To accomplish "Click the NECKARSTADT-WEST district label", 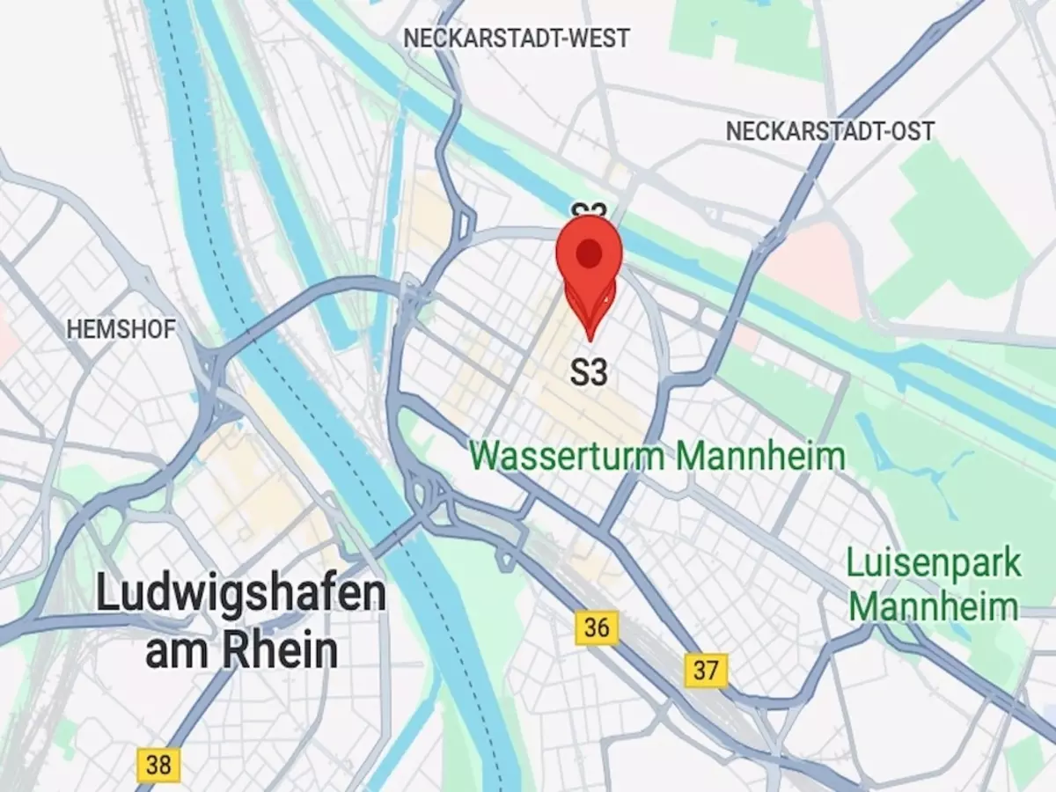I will pyautogui.click(x=517, y=39).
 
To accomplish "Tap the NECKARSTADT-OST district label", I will pyautogui.click(x=830, y=131).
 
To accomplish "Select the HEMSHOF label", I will pyautogui.click(x=121, y=329).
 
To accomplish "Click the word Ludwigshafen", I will pyautogui.click(x=240, y=596).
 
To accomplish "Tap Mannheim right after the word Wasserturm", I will pyautogui.click(x=762, y=456).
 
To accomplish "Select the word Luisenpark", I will pyautogui.click(x=935, y=563).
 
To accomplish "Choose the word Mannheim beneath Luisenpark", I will pyautogui.click(x=934, y=607).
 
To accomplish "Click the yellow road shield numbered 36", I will pyautogui.click(x=597, y=627).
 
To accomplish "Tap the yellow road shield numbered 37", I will pyautogui.click(x=706, y=670).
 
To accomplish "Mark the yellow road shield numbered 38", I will pyautogui.click(x=158, y=764).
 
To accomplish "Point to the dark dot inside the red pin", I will pyautogui.click(x=589, y=254).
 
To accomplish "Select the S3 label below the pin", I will pyautogui.click(x=589, y=372).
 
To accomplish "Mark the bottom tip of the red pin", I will pyautogui.click(x=589, y=339).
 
